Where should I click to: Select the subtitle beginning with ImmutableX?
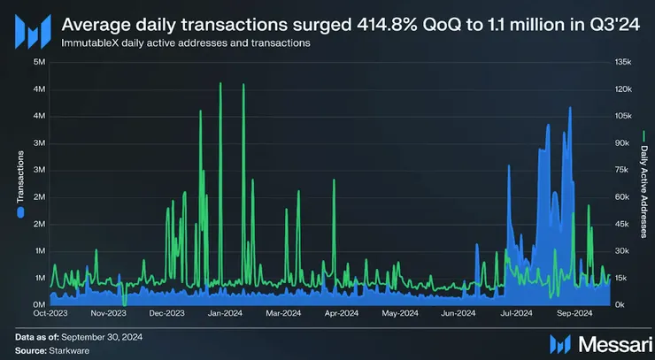[185, 43]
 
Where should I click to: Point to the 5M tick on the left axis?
[39, 62]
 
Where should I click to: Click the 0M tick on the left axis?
[39, 305]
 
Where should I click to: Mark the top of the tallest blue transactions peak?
[569, 108]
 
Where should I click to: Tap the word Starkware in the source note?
[69, 350]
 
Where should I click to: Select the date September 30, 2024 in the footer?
[104, 337]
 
